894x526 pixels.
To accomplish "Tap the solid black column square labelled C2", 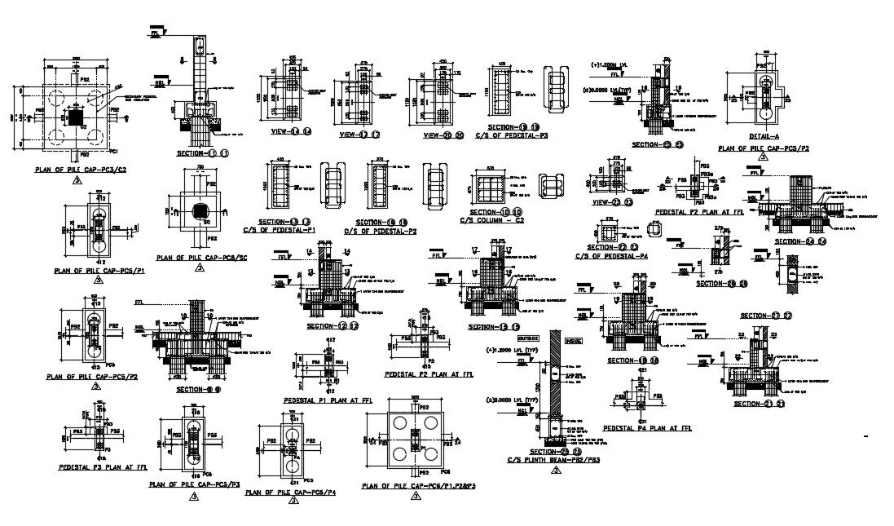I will pos(76,119).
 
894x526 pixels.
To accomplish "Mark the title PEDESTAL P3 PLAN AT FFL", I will pos(103,467).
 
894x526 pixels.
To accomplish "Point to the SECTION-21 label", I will pos(759,403).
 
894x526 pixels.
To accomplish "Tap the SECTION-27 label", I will pos(765,315).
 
